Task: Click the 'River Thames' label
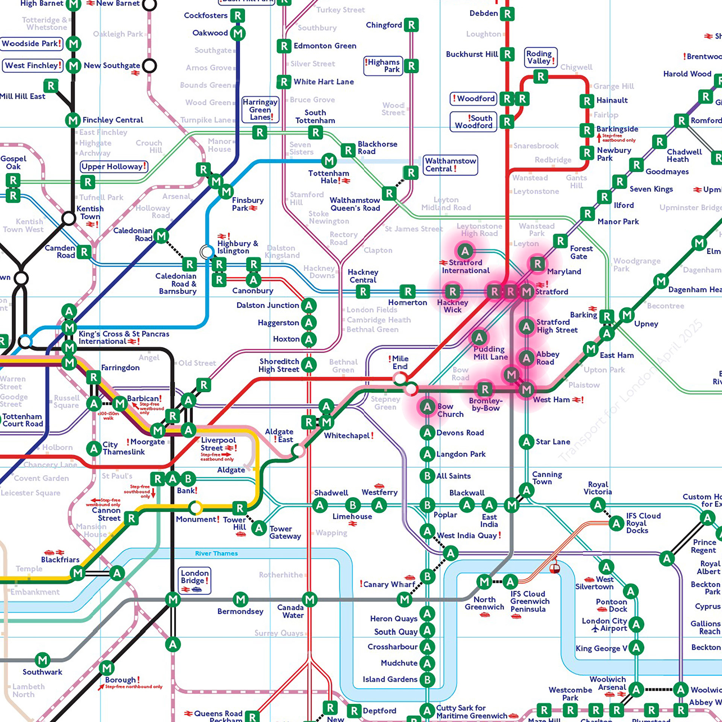click(216, 553)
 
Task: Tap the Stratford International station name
click(466, 267)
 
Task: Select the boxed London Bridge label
click(194, 579)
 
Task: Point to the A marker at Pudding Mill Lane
click(479, 338)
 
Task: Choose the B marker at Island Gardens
click(427, 680)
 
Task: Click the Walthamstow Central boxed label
click(450, 165)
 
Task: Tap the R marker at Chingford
click(411, 25)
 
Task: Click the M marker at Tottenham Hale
click(329, 161)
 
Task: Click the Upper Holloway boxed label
click(114, 166)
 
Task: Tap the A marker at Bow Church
click(427, 407)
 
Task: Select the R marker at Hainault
click(587, 101)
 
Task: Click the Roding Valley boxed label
click(541, 57)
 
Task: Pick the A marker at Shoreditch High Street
click(309, 364)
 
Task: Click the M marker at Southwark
click(43, 660)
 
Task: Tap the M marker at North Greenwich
click(484, 582)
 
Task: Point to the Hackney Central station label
click(363, 276)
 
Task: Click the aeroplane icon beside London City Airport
click(595, 628)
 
